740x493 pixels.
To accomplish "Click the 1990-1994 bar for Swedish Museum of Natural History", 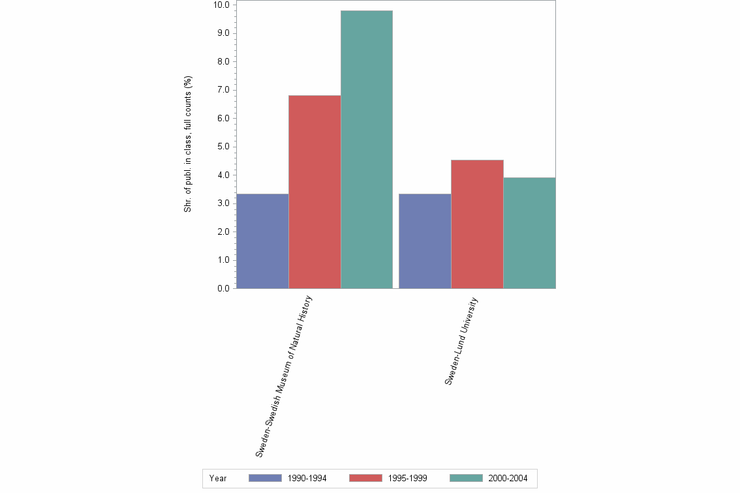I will coord(262,241).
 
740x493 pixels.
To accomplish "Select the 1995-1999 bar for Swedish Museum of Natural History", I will coord(315,192).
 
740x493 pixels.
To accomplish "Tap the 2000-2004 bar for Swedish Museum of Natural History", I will coord(367,149).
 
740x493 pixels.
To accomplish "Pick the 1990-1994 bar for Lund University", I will coord(425,241).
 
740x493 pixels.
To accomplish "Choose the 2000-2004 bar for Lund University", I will coord(529,233).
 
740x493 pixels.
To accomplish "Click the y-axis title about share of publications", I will coord(188,144).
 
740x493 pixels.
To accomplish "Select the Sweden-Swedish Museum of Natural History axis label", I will coord(285,376).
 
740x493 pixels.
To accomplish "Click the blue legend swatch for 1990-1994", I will coord(265,478).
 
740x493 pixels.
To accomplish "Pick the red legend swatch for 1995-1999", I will coord(365,478).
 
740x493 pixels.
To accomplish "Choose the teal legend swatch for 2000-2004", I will coord(467,478).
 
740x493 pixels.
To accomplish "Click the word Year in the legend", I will coord(218,479).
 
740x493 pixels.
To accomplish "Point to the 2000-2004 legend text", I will coord(512,479).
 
